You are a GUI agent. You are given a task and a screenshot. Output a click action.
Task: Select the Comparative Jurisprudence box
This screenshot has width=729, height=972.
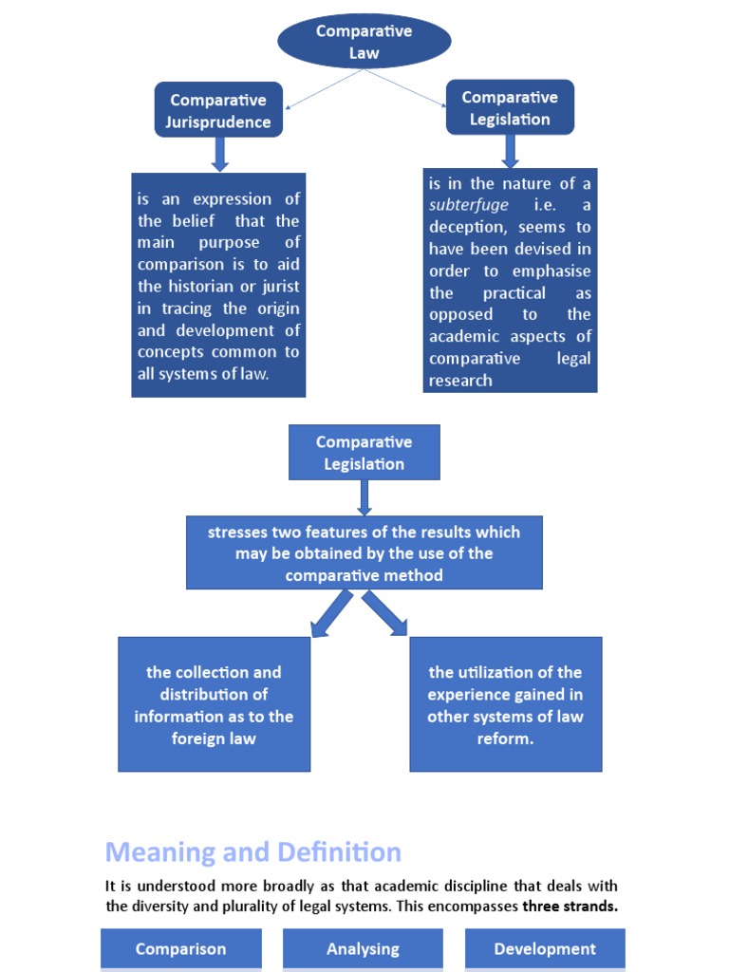(218, 110)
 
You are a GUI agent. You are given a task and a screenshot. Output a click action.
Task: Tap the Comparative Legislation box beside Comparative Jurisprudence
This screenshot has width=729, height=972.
(510, 108)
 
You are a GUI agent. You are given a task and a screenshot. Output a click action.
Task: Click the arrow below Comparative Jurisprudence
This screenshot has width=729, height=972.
(220, 154)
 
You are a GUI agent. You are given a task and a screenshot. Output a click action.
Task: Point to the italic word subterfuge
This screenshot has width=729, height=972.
(468, 205)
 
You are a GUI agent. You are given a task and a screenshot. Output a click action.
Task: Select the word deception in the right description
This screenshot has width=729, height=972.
(469, 227)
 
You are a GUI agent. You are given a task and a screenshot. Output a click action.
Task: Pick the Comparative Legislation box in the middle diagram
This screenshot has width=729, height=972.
(364, 453)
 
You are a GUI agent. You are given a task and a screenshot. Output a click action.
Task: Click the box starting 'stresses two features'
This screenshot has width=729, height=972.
(364, 553)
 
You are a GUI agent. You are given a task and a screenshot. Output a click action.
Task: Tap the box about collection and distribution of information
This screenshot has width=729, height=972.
(214, 704)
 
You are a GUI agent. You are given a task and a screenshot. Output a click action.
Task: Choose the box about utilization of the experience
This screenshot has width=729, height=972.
(505, 704)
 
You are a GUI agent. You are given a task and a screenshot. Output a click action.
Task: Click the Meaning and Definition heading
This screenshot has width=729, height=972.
(252, 851)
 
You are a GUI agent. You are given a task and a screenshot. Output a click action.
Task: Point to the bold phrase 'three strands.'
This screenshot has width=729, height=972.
(570, 907)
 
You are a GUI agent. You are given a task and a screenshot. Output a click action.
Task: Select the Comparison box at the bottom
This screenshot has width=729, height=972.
(180, 948)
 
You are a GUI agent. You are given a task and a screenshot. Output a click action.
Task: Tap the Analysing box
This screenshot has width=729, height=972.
(363, 948)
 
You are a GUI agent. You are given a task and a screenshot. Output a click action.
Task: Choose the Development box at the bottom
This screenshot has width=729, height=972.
(545, 948)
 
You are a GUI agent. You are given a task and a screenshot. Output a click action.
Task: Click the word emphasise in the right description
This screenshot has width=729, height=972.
(551, 271)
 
